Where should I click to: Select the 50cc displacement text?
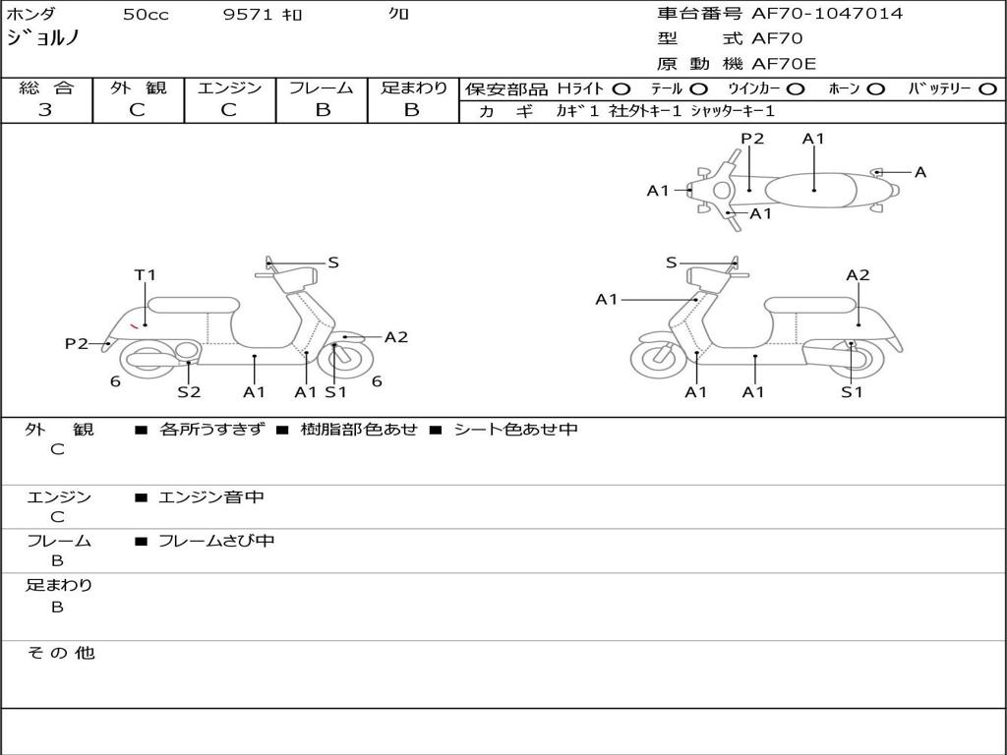[144, 14]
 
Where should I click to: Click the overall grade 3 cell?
[45, 110]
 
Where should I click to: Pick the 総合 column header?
[46, 88]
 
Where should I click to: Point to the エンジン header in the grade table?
[229, 88]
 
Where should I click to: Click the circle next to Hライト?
[622, 89]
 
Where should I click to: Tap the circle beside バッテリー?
[988, 89]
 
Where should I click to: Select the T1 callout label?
[146, 276]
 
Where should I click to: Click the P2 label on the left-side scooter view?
[76, 343]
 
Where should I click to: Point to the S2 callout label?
[189, 391]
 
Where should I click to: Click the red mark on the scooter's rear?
[134, 324]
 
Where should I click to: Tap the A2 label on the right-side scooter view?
[858, 275]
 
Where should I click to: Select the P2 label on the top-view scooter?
[752, 139]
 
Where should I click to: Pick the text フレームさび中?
[216, 541]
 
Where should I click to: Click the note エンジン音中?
[211, 497]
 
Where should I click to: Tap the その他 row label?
[59, 653]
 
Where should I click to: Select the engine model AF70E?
[784, 64]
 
